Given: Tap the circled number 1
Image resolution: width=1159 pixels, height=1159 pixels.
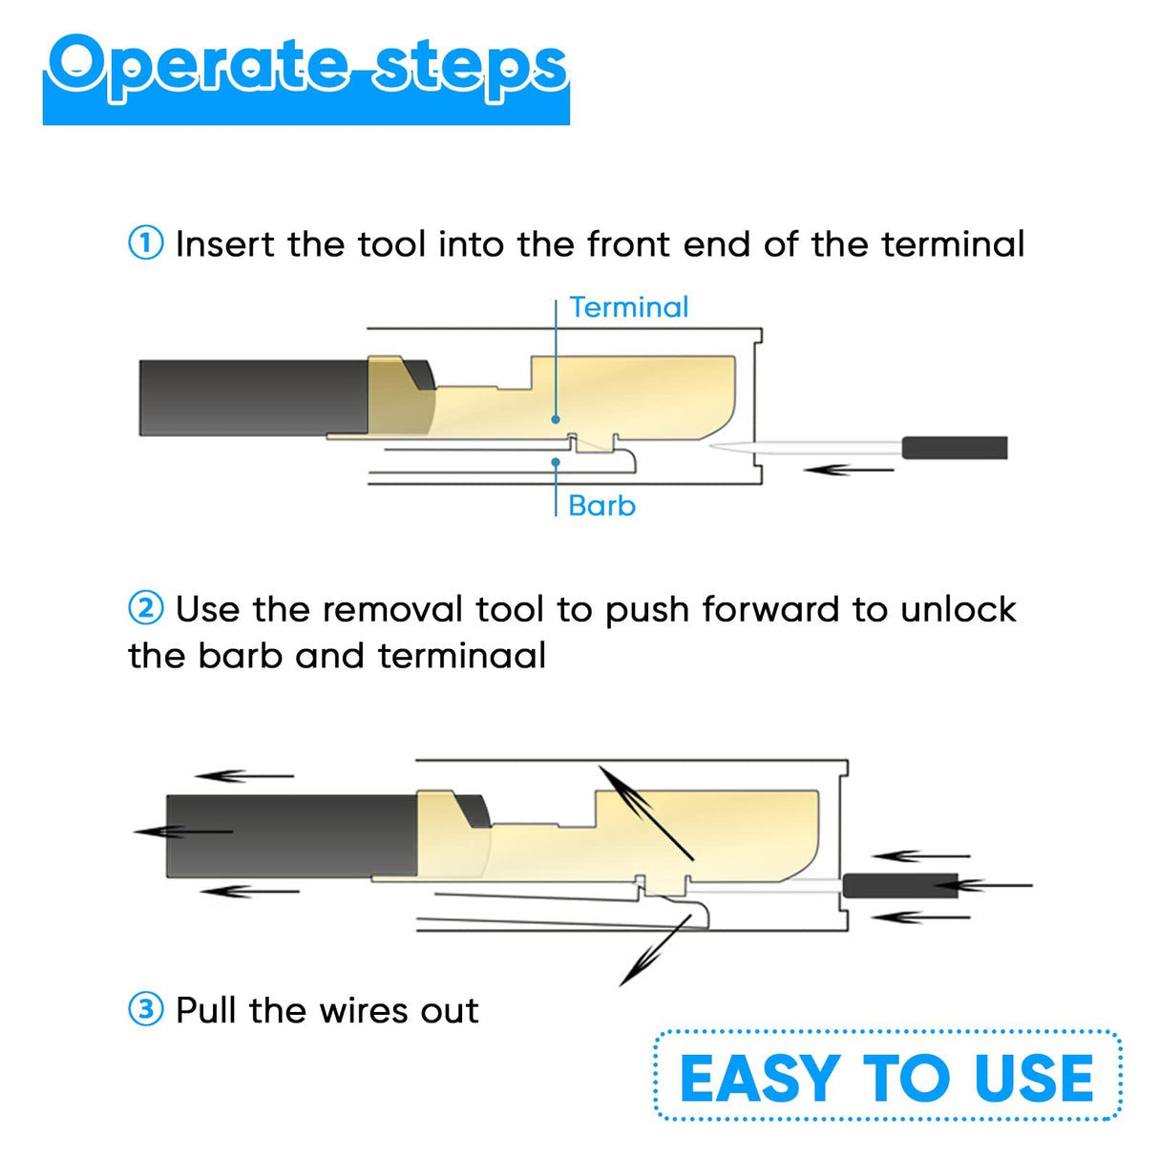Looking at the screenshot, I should tap(146, 243).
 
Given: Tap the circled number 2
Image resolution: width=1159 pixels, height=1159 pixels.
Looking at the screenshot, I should tap(146, 608).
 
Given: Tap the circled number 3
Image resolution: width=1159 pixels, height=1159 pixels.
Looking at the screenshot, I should tap(146, 1009).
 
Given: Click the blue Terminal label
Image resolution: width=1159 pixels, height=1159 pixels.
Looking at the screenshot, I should tap(628, 307).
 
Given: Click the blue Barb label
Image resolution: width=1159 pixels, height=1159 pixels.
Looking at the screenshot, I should tap(601, 505).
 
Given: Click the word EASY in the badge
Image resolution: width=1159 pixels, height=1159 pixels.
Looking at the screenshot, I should tap(759, 1079).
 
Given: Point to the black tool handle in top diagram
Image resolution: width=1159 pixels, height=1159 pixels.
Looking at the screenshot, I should tap(955, 448).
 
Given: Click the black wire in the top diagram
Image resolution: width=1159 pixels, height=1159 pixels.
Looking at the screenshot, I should tap(253, 398).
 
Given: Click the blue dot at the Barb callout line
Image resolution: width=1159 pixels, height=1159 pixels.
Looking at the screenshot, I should tap(556, 462).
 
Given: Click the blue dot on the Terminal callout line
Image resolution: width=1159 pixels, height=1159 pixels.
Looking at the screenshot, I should tap(556, 419).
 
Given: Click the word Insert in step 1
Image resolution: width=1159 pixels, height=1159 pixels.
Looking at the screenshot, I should tap(224, 244).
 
